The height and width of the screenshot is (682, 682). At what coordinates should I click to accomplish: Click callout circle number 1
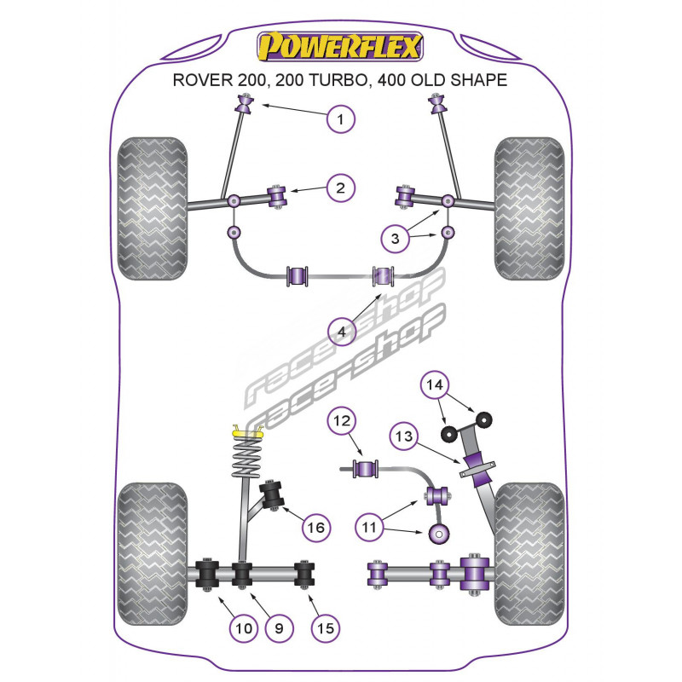pyautogui.click(x=340, y=119)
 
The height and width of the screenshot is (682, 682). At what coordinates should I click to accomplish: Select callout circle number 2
pyautogui.click(x=340, y=188)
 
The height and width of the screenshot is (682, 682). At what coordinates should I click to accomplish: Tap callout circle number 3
pyautogui.click(x=394, y=240)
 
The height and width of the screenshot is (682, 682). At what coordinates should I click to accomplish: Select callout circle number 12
pyautogui.click(x=340, y=420)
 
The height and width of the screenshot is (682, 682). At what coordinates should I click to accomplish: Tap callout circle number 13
pyautogui.click(x=403, y=438)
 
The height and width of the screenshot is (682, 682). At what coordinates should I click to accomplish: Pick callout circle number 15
pyautogui.click(x=324, y=629)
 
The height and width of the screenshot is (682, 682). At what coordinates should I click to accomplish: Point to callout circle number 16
pyautogui.click(x=315, y=529)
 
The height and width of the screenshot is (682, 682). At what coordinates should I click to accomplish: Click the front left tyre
pyautogui.click(x=153, y=209)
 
